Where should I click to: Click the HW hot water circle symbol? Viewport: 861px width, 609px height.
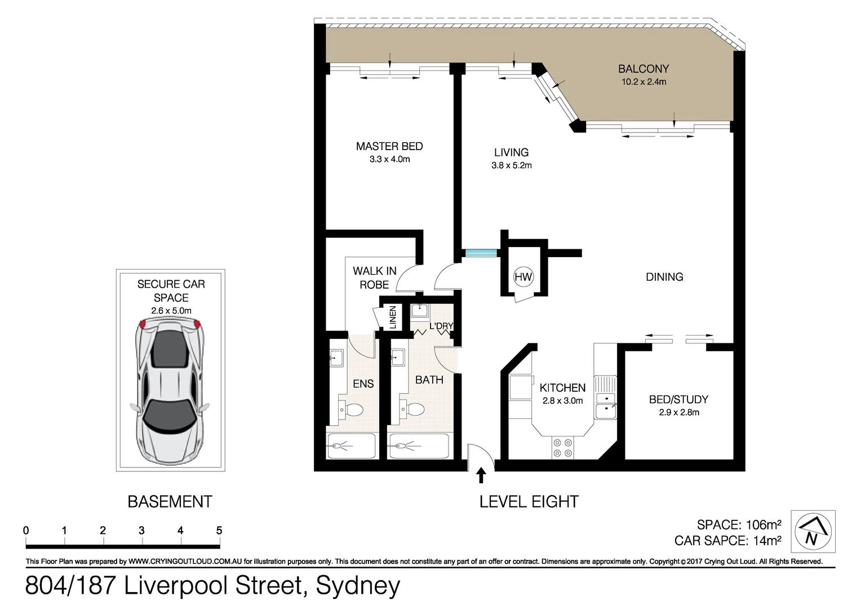[523, 277]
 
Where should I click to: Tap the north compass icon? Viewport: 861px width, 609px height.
[813, 531]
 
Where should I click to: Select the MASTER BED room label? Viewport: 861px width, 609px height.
[389, 147]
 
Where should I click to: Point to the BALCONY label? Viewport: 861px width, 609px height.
[643, 69]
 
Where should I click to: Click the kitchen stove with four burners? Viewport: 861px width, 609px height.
[563, 447]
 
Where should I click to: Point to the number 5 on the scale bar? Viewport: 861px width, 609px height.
[219, 531]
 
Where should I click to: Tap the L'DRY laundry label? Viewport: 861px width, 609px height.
[441, 326]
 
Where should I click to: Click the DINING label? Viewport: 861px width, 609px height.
[664, 277]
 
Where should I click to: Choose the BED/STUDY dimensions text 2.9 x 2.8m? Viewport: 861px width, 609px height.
[679, 412]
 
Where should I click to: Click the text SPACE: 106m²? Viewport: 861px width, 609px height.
[739, 524]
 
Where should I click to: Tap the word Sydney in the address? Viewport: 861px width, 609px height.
[358, 586]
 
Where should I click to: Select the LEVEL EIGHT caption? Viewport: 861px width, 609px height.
[529, 501]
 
